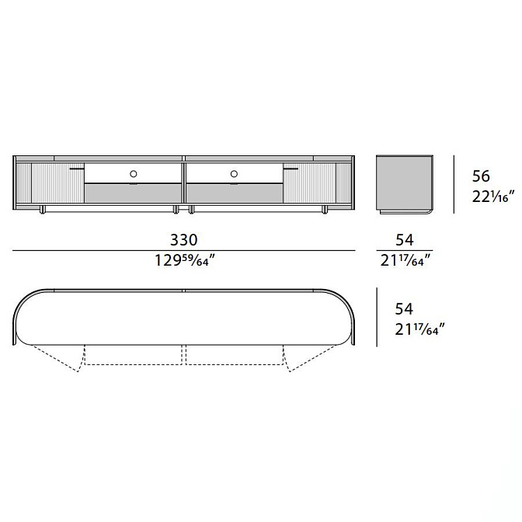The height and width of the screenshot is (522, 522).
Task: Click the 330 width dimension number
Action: tap(184, 240)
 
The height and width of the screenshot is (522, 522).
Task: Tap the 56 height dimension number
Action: tap(481, 176)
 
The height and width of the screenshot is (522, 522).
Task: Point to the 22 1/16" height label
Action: tap(493, 197)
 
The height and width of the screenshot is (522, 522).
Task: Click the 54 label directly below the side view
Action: tap(405, 240)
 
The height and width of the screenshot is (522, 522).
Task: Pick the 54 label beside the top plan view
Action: tap(404, 308)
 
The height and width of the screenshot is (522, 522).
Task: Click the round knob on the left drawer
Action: tap(134, 174)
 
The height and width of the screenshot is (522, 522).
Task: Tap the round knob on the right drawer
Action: tap(234, 174)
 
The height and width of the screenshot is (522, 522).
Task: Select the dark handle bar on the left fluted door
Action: tap(77, 169)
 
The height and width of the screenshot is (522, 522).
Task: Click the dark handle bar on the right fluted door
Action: tap(291, 169)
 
